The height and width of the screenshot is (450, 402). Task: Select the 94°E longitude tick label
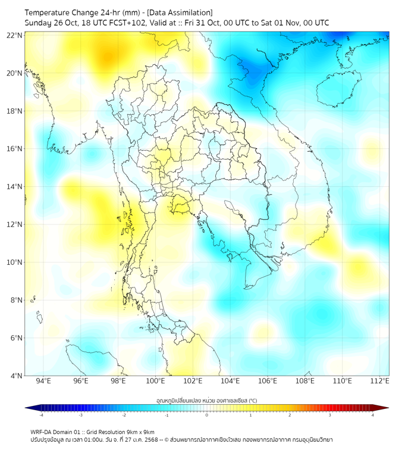pos(43,382)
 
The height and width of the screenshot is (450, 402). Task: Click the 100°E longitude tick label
pos(155,382)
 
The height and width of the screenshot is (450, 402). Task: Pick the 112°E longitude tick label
pos(379,382)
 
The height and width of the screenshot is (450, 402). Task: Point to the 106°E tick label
pos(268,382)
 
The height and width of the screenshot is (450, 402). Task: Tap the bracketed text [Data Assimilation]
pos(179,12)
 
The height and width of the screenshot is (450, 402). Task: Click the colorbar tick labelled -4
pos(40,415)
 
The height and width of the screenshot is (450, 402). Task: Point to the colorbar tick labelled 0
pos(207,415)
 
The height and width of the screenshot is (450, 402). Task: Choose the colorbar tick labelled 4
pos(373,415)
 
